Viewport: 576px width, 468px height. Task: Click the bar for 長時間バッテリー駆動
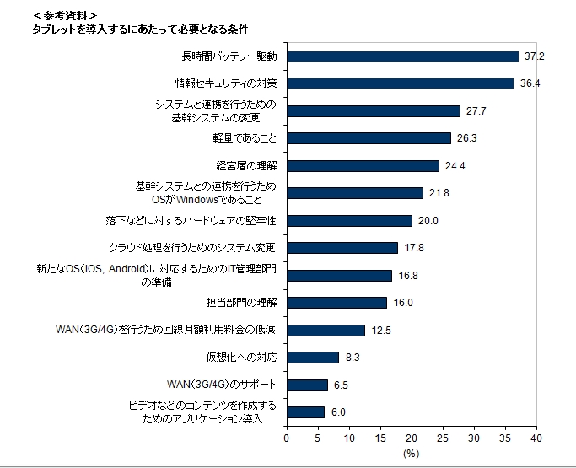[402, 56]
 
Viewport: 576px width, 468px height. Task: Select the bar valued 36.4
[400, 83]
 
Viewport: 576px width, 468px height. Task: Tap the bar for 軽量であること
[369, 138]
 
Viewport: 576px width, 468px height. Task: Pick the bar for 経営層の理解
[363, 165]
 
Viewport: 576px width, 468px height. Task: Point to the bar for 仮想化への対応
[312, 358]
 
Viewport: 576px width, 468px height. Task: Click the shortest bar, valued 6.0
[305, 412]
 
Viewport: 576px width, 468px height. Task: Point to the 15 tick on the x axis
[380, 438]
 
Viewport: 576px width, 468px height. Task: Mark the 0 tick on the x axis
[287, 438]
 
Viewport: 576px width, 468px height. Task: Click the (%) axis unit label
[411, 454]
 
